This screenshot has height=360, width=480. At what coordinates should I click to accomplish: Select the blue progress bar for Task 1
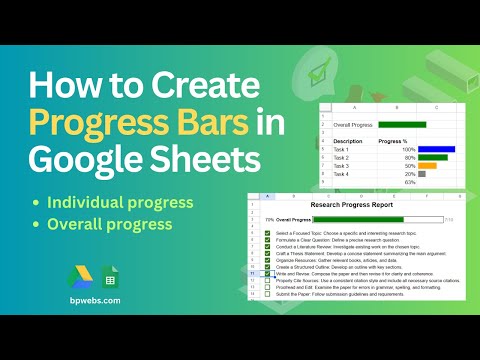(x=436, y=149)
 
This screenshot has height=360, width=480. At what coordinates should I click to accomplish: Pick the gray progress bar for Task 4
(x=422, y=174)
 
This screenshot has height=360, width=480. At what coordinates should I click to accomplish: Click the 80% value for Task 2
(x=410, y=157)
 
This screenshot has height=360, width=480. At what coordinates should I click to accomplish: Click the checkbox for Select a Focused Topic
(x=267, y=232)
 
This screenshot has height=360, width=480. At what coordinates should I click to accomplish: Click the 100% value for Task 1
(x=408, y=149)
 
